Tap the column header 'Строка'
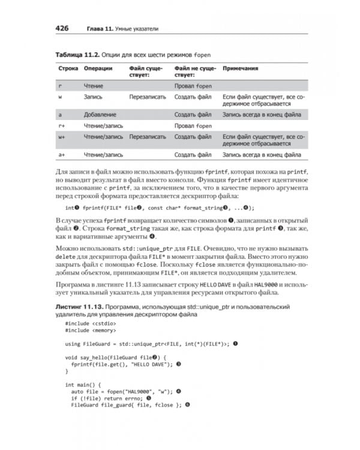[68, 68]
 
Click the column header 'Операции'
[98, 68]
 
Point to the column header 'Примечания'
[241, 68]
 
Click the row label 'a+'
[61, 155]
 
